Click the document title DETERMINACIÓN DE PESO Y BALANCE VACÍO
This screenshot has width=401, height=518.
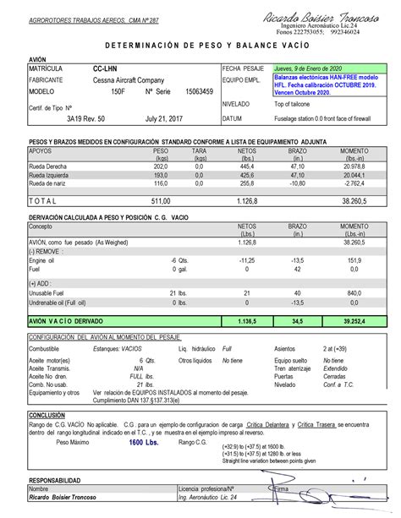pyautogui.click(x=200, y=44)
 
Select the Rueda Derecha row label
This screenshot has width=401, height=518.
pyautogui.click(x=51, y=166)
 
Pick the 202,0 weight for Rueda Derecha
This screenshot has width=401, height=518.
pyautogui.click(x=161, y=166)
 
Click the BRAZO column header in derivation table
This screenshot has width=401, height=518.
pyautogui.click(x=297, y=227)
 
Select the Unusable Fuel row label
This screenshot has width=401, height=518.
pyautogui.click(x=52, y=292)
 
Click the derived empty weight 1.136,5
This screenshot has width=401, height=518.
pyautogui.click(x=247, y=321)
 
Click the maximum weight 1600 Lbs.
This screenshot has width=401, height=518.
pyautogui.click(x=143, y=442)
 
